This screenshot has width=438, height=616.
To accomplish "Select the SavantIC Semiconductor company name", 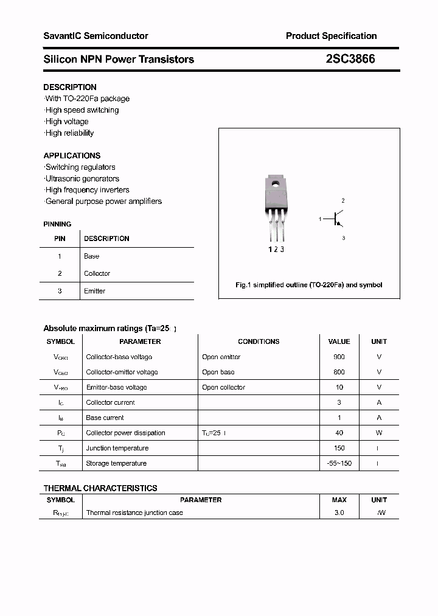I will click(x=96, y=36).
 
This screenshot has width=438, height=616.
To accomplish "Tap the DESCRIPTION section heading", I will click(x=70, y=87).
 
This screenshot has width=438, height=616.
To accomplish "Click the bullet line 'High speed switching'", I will click(x=82, y=110).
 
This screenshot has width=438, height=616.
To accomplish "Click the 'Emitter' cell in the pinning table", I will click(x=94, y=291).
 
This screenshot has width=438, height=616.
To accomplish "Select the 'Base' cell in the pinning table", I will click(x=91, y=256).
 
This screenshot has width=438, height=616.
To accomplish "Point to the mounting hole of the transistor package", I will click(x=276, y=184).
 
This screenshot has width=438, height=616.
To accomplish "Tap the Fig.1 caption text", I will click(x=308, y=285).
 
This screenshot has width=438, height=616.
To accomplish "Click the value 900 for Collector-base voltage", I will click(x=339, y=357).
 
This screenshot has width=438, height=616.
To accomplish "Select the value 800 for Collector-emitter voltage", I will click(x=339, y=372).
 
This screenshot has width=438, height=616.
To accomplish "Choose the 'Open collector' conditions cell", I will click(x=223, y=387).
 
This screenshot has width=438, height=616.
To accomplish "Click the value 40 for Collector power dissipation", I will click(x=339, y=433).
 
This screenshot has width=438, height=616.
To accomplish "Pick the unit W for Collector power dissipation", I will click(x=379, y=433).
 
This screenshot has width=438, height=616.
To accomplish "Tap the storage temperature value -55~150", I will click(x=339, y=463).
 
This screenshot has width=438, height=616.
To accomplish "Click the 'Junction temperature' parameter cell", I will click(x=117, y=448).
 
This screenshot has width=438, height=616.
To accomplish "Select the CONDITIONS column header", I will click(x=259, y=341).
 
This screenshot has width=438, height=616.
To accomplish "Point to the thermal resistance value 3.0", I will click(x=339, y=513).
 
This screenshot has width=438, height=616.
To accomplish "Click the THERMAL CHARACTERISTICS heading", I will click(x=100, y=488).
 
